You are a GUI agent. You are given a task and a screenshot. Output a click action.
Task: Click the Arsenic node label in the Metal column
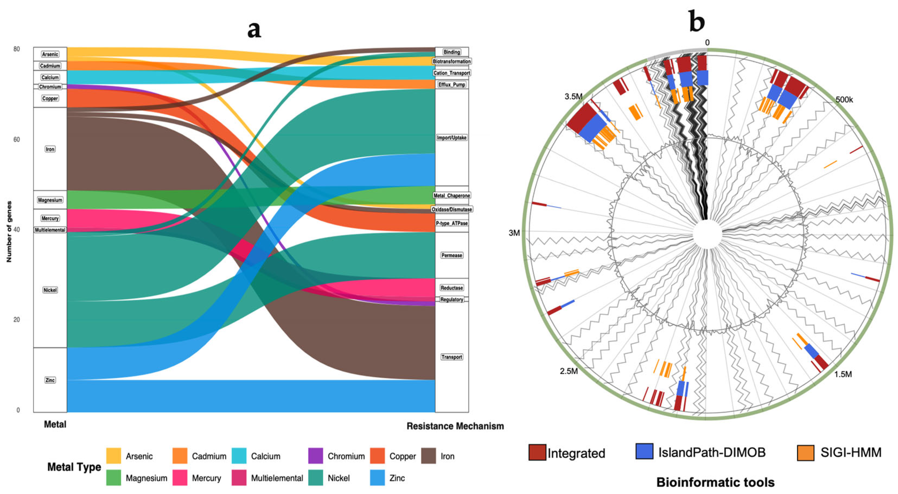50,54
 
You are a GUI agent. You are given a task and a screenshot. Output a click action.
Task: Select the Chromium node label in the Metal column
50,87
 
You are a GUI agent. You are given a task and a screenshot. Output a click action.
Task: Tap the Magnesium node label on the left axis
50,200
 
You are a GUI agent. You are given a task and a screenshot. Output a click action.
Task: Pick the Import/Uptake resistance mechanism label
451,138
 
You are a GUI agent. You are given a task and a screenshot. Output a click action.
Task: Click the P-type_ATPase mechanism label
451,223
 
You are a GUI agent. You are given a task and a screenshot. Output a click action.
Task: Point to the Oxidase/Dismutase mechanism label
451,209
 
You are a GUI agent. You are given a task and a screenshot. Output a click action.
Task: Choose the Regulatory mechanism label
451,300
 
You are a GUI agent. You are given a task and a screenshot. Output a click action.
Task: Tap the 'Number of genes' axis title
9,232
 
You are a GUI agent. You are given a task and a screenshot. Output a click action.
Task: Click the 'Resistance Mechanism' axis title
455,426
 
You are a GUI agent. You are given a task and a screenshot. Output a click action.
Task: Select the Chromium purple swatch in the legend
315,456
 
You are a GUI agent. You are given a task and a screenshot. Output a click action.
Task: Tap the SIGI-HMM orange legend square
806,453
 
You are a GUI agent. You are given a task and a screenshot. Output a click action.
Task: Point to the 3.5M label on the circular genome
573,96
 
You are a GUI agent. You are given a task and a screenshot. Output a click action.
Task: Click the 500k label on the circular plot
844,100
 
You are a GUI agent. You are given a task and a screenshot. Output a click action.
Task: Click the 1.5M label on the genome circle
843,374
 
